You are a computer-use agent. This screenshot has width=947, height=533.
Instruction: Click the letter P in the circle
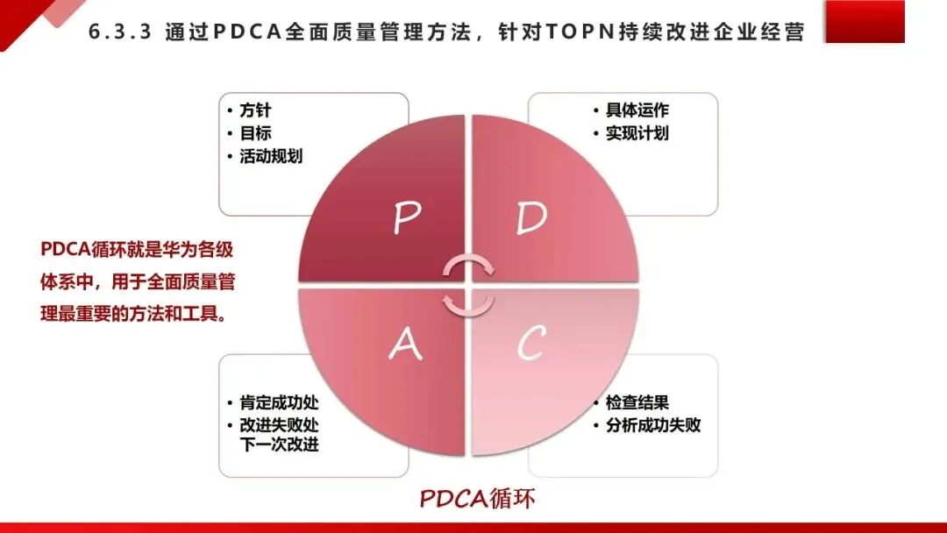(x=405, y=218)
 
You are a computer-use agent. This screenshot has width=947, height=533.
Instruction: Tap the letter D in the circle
(x=531, y=217)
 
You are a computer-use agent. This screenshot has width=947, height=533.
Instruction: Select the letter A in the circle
(x=404, y=345)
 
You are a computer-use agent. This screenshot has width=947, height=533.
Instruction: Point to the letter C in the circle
(x=531, y=345)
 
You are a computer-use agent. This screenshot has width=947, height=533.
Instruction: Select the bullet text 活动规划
(x=271, y=156)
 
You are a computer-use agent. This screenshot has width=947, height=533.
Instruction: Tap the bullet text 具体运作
(x=637, y=111)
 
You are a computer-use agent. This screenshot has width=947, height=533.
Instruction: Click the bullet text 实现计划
(x=637, y=133)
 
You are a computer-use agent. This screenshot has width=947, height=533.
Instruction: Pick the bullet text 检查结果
(x=637, y=403)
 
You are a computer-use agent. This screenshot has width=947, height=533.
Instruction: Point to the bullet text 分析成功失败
(x=652, y=426)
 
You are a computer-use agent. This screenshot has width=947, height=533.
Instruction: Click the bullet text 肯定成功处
(x=279, y=403)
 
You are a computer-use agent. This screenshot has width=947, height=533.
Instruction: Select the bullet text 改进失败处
(x=279, y=425)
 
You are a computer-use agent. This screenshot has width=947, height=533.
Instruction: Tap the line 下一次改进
(x=279, y=444)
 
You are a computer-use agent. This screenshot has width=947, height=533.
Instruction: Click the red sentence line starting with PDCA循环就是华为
(x=137, y=250)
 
